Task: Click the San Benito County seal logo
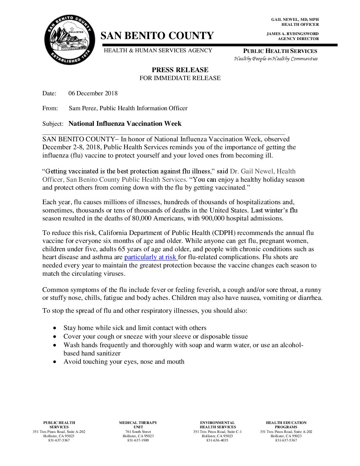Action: [70, 40]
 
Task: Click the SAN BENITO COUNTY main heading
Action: [157, 36]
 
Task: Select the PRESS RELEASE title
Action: [180, 70]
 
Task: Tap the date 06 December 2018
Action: [93, 93]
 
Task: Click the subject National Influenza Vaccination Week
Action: [125, 124]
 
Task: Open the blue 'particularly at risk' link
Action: [151, 257]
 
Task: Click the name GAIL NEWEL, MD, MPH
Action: [295, 20]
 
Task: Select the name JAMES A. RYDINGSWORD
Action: [292, 34]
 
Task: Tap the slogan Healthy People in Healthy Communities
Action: [276, 59]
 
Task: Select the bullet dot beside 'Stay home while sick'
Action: [55, 328]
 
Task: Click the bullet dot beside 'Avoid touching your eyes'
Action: [55, 362]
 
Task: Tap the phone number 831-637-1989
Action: [138, 441]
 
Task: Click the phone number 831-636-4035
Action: [217, 441]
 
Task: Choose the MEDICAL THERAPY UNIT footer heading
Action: [138, 425]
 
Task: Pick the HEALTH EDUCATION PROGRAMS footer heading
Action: [286, 425]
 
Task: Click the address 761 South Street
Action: [138, 432]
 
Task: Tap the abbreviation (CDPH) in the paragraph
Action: [224, 233]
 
